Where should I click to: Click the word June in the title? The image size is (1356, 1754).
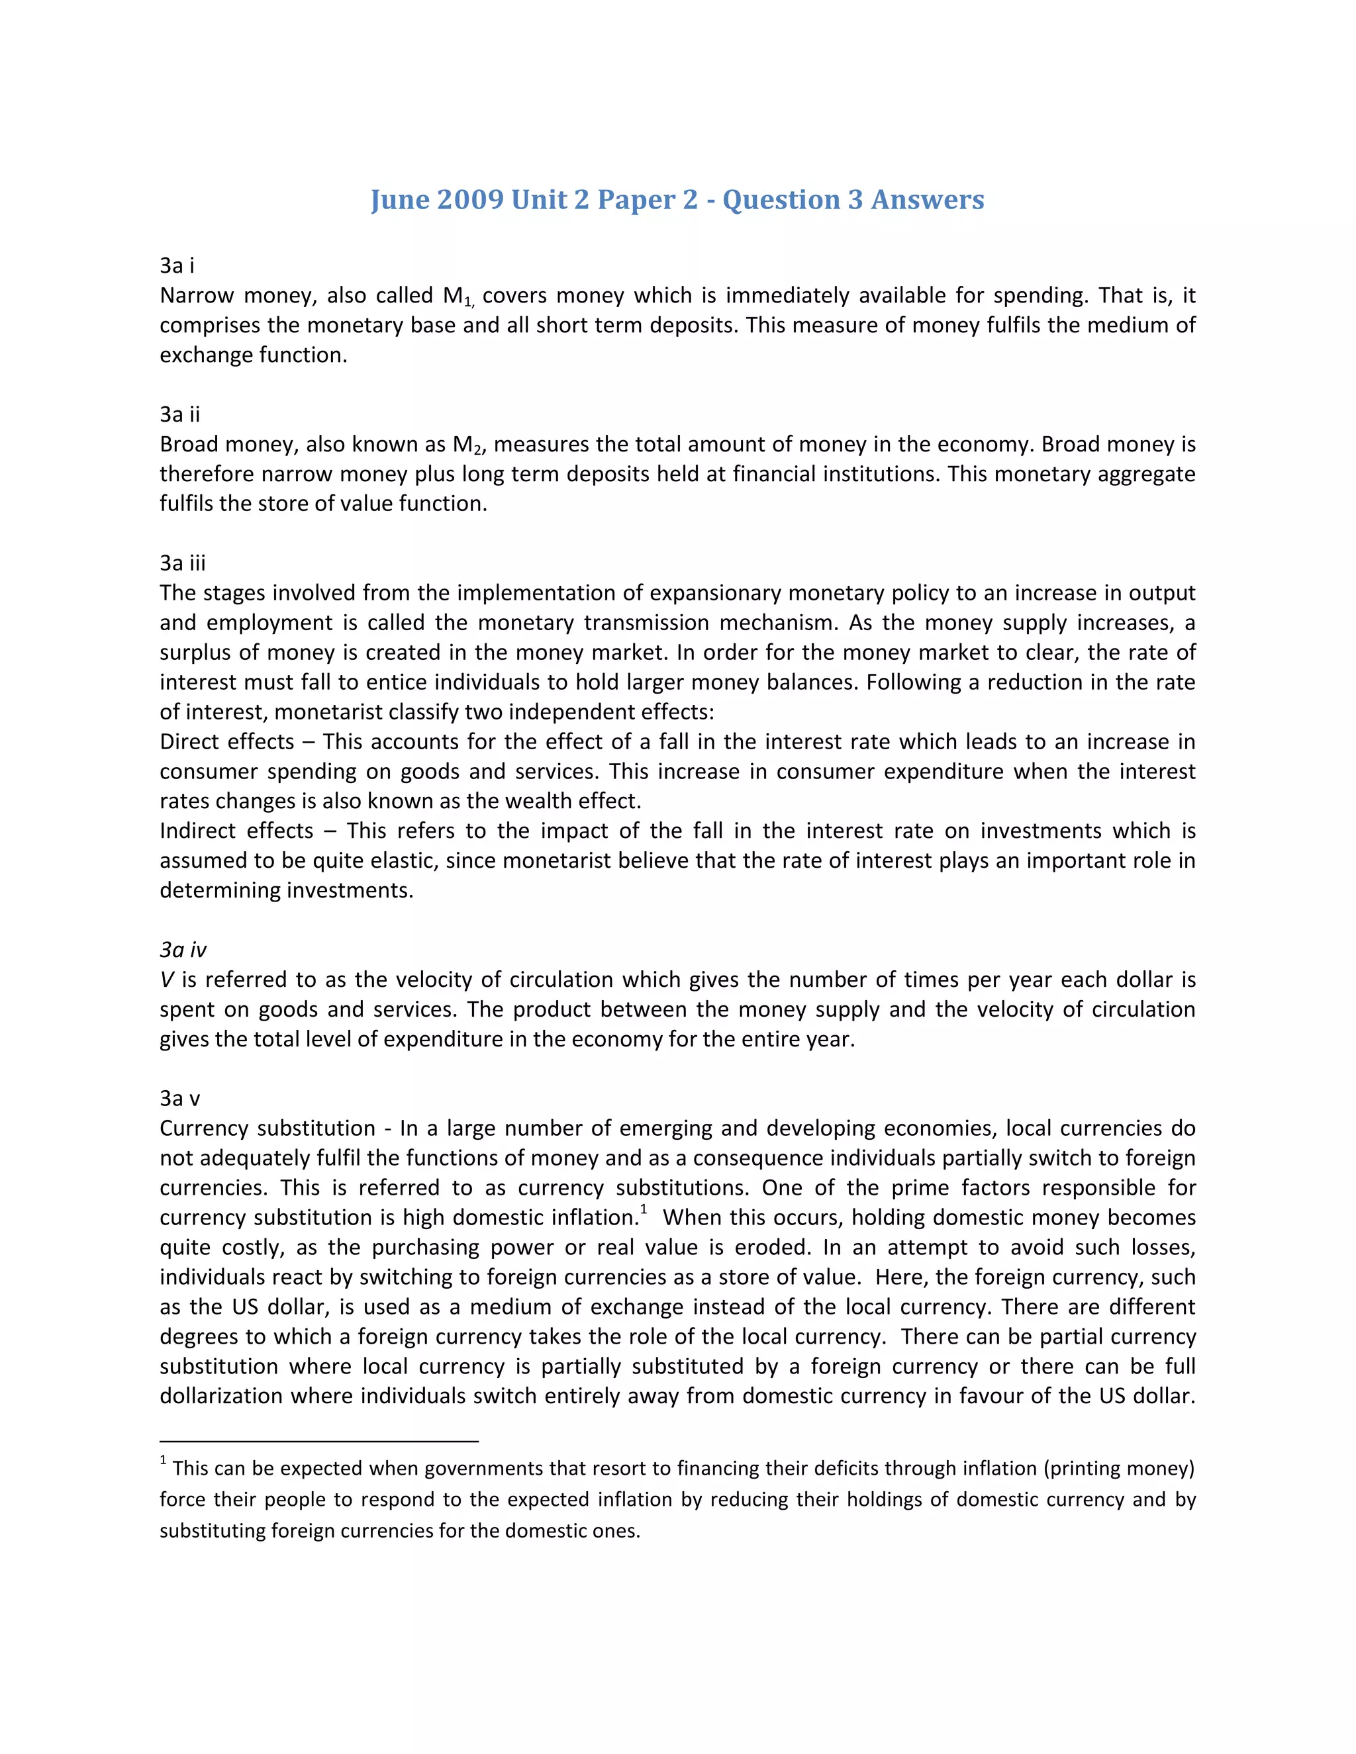[399, 199]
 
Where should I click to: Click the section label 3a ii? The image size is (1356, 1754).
[179, 414]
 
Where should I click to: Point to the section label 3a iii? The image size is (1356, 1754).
[182, 563]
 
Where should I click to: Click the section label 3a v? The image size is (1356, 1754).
[179, 1099]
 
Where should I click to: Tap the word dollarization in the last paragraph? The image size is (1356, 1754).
[219, 1397]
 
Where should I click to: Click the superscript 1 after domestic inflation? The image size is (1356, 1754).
[644, 1211]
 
